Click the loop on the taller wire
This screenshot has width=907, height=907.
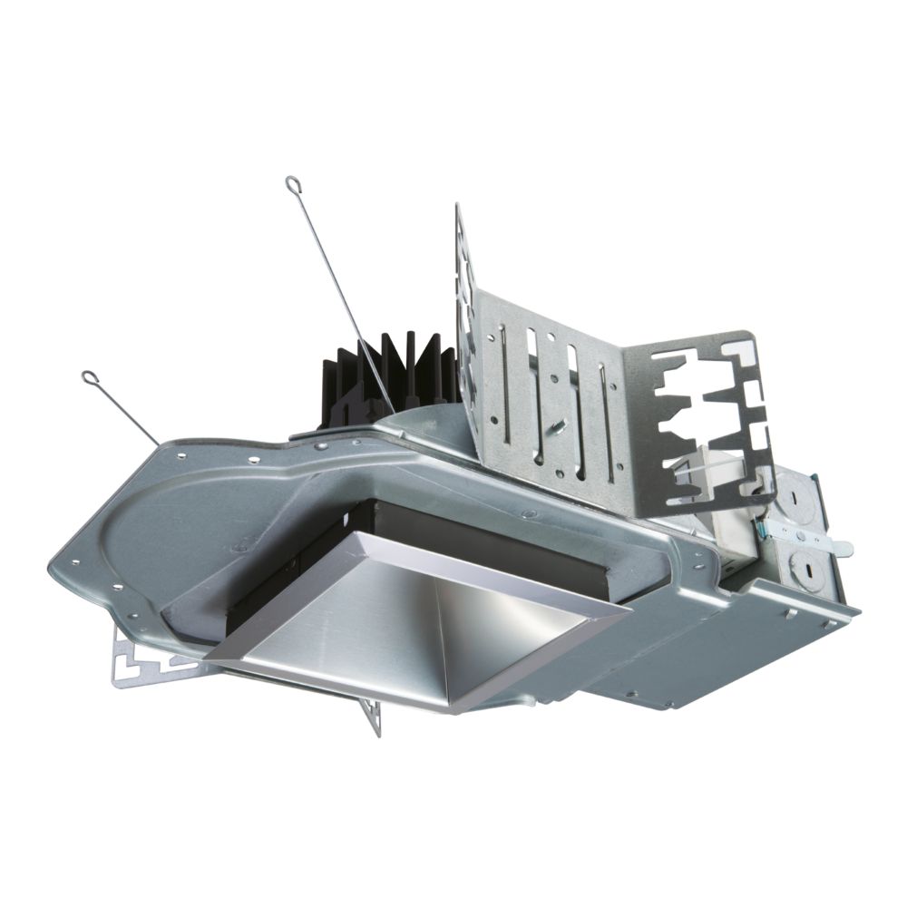292,184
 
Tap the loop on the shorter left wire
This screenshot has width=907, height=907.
89,376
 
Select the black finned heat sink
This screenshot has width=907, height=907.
390,372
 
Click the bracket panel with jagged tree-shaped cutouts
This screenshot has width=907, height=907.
707,417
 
